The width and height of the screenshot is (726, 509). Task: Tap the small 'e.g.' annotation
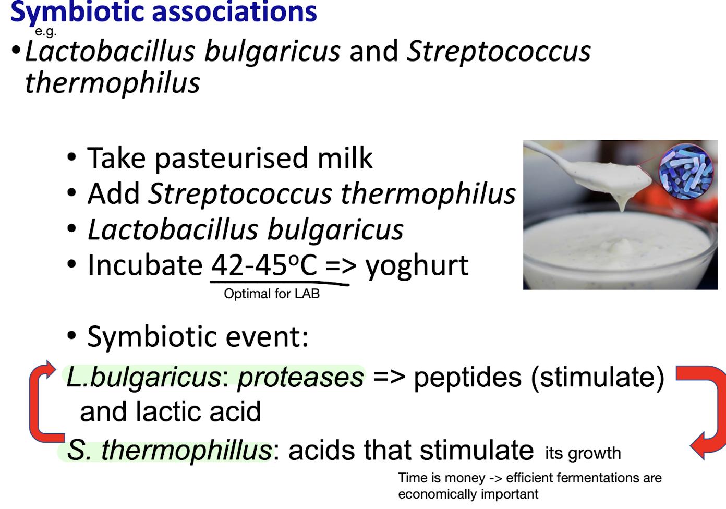(45, 31)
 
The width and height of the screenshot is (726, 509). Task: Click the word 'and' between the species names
(373, 51)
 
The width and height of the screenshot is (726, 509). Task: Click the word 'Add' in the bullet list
(113, 194)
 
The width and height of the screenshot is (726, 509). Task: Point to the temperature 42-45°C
(264, 265)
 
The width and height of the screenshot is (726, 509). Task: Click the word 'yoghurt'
(416, 265)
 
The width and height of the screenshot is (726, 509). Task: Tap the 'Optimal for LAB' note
(271, 294)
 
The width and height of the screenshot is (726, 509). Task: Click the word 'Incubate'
(144, 265)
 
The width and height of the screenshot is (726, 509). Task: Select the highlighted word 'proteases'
(300, 377)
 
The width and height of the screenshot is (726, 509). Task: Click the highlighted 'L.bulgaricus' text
(143, 377)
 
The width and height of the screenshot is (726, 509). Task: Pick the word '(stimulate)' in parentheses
(597, 377)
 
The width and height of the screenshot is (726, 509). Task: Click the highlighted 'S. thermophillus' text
(169, 450)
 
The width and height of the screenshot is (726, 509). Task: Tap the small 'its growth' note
(583, 453)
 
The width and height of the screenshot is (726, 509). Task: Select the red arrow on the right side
(707, 412)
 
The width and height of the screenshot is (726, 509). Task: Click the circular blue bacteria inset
(685, 172)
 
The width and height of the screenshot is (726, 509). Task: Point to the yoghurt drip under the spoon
(622, 201)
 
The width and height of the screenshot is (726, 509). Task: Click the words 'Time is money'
(441, 478)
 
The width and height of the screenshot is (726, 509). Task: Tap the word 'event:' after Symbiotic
(271, 336)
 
